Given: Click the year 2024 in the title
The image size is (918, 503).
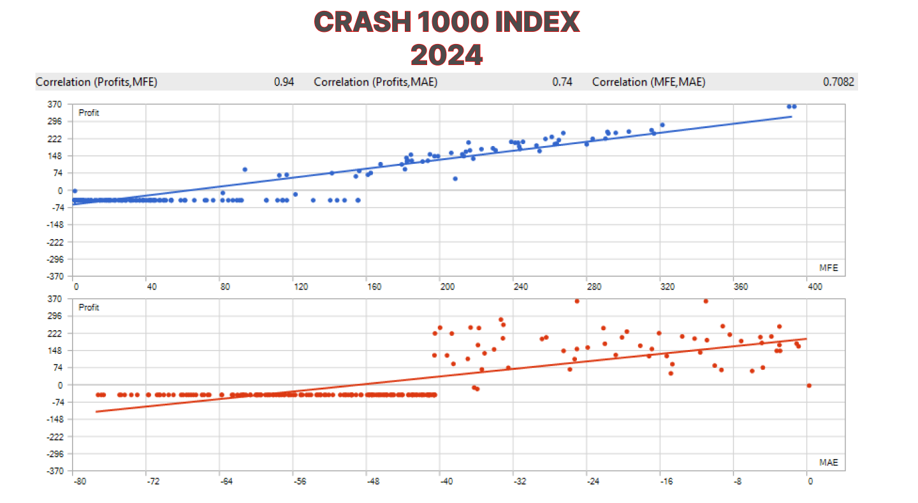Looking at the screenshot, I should pyautogui.click(x=446, y=55).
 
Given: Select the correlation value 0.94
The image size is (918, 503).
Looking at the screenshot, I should pyautogui.click(x=284, y=82).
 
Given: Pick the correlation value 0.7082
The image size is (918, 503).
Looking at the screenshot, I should pyautogui.click(x=838, y=82).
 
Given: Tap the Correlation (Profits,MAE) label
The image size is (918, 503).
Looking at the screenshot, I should pyautogui.click(x=375, y=82).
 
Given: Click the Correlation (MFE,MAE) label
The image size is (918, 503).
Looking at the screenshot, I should pyautogui.click(x=648, y=82).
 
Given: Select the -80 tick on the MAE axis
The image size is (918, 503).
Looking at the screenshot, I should pyautogui.click(x=78, y=481).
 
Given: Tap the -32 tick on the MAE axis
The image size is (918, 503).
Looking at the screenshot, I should pyautogui.click(x=520, y=481).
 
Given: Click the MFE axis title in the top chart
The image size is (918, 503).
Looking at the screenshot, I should pyautogui.click(x=828, y=267).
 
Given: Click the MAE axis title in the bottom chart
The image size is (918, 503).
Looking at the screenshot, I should pyautogui.click(x=828, y=462).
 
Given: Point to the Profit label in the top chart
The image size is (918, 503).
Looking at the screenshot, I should pyautogui.click(x=89, y=113).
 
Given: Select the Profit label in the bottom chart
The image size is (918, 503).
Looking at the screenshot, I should pyautogui.click(x=89, y=307).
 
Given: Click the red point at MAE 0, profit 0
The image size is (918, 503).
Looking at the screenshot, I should pyautogui.click(x=809, y=385).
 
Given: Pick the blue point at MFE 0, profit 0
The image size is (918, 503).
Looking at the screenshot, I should pyautogui.click(x=75, y=191).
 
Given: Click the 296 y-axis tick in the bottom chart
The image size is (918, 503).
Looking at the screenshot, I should pyautogui.click(x=56, y=316).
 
